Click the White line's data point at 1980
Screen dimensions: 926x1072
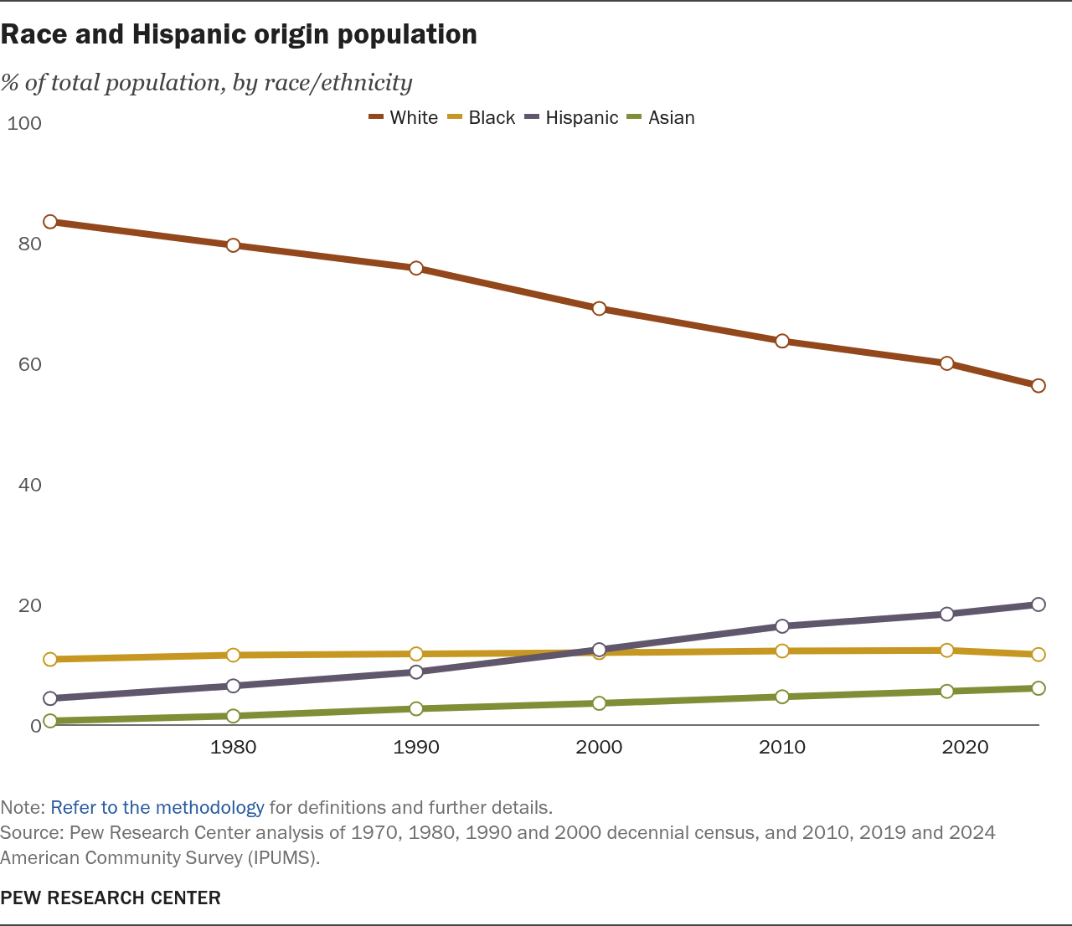click(233, 245)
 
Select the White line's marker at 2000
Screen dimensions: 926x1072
click(599, 308)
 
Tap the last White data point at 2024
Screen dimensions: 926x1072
click(1038, 386)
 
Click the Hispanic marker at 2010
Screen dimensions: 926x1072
click(782, 626)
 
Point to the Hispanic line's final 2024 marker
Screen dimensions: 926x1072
click(1038, 604)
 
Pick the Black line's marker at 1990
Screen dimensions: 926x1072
click(416, 654)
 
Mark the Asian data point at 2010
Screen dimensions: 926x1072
click(782, 697)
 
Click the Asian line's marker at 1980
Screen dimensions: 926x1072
click(233, 716)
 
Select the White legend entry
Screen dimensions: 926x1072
click(404, 118)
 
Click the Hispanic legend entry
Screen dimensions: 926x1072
click(572, 118)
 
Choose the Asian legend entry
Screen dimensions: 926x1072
click(662, 118)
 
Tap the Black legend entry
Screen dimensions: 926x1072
click(482, 118)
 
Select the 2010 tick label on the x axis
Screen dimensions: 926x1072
click(782, 747)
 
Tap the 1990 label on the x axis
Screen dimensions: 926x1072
click(416, 747)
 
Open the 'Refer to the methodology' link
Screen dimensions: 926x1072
click(157, 808)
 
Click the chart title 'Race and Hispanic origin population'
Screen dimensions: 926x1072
click(240, 34)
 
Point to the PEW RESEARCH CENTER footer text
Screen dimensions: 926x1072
click(111, 898)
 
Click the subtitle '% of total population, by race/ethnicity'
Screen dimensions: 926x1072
click(207, 82)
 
